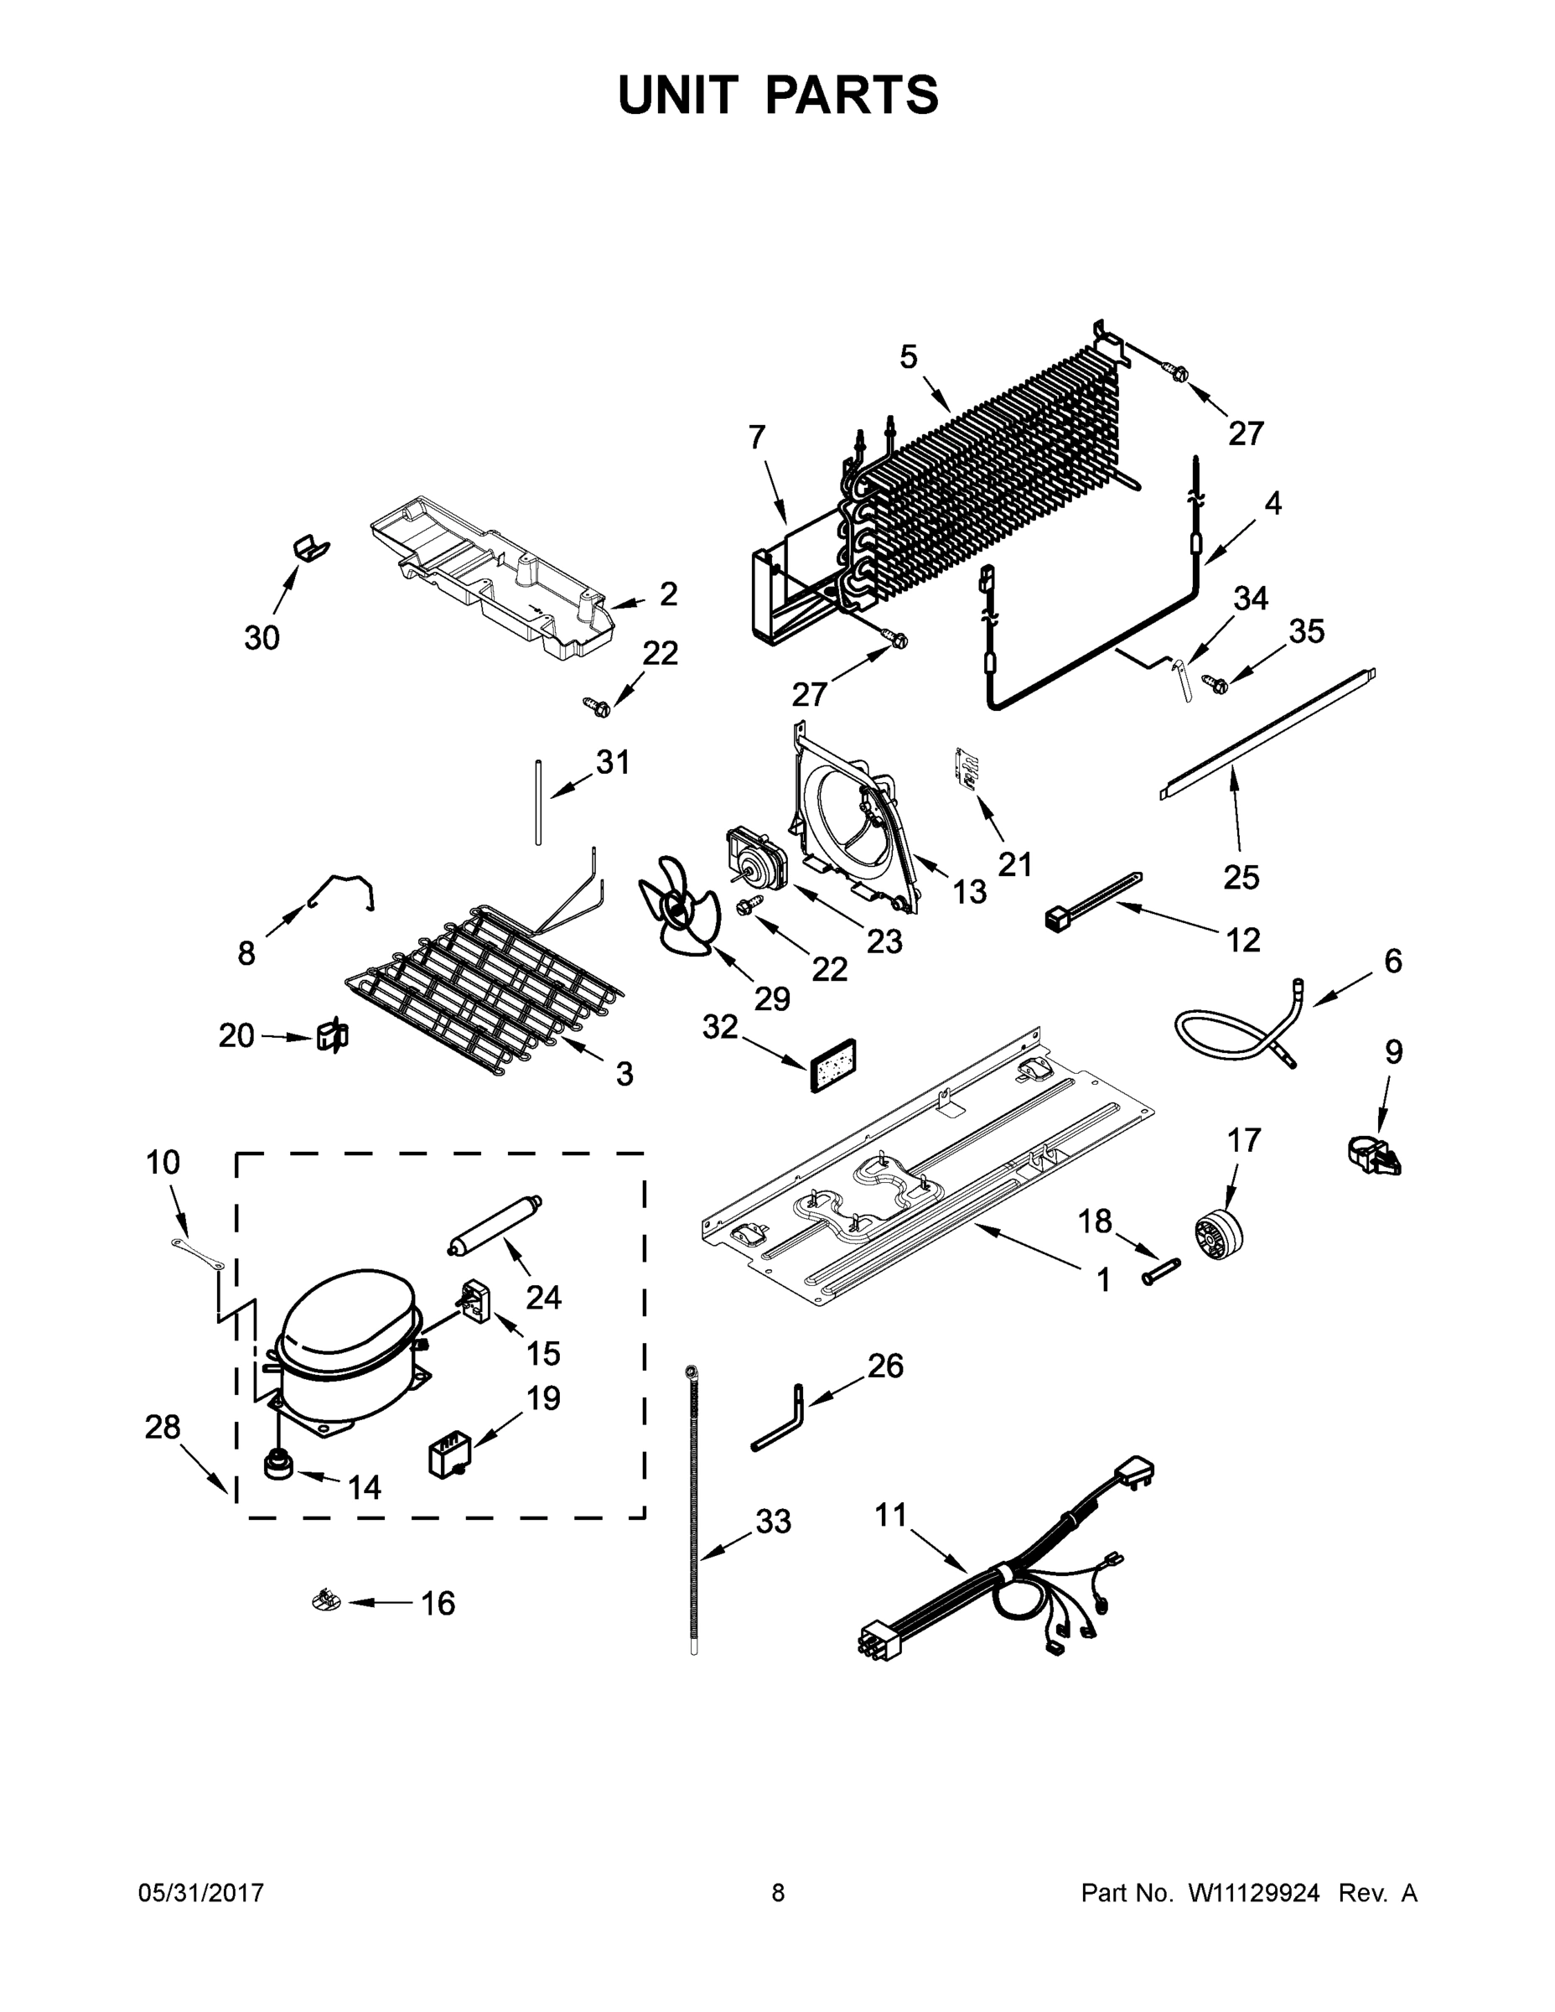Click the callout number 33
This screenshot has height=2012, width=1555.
tap(773, 1521)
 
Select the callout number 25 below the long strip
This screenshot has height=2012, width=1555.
tap(1240, 877)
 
